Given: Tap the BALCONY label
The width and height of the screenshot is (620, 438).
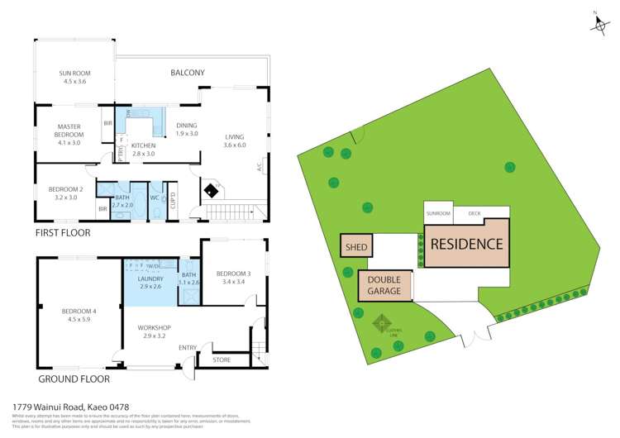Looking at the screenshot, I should tap(188, 73).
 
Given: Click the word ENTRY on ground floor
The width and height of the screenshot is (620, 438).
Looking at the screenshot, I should tap(188, 347).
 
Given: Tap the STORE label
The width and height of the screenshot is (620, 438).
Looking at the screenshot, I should tap(222, 359).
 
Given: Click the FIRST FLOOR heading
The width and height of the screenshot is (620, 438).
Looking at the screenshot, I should tap(63, 233).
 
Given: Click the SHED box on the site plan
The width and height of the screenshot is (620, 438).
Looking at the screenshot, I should tap(356, 245).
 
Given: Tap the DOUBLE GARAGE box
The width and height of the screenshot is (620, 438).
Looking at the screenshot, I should tap(384, 286).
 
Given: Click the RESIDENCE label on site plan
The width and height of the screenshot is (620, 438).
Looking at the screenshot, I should tap(467, 244).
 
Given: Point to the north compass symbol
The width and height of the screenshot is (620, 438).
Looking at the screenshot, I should tap(599, 24).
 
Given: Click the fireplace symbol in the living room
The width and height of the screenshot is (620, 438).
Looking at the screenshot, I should tap(212, 190).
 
